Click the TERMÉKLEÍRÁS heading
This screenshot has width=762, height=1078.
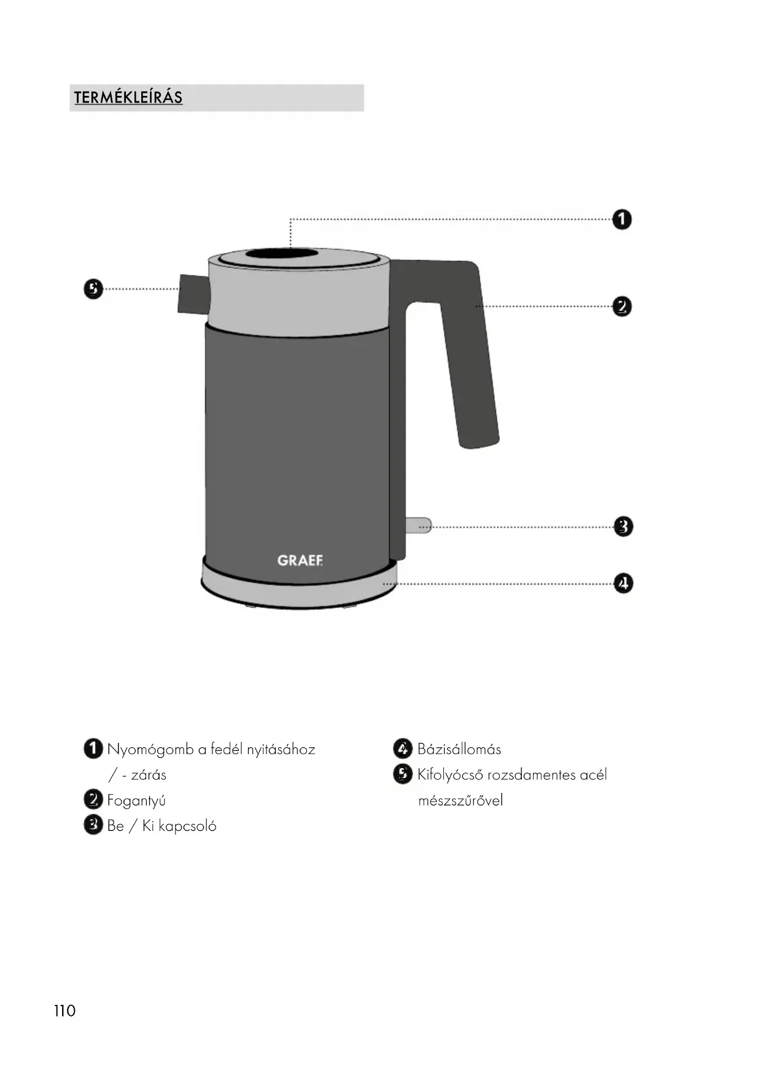(128, 98)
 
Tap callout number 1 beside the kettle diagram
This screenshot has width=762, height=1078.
(622, 219)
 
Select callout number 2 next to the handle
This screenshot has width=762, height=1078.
(622, 306)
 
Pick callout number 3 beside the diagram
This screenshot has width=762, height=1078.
(623, 527)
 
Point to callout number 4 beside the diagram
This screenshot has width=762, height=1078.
(623, 583)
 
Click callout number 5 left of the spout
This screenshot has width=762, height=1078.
(93, 289)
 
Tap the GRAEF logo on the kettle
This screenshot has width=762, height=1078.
(300, 561)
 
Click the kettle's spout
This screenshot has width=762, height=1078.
(193, 294)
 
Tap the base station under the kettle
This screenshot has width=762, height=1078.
(299, 588)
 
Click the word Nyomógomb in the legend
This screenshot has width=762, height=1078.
(150, 750)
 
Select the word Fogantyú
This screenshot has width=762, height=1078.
(136, 800)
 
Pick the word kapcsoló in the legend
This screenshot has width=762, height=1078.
(187, 826)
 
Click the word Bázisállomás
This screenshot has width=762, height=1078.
(459, 749)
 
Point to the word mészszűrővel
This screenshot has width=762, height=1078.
(461, 800)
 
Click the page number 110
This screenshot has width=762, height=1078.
(64, 1011)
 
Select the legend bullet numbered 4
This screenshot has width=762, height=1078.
(402, 749)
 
